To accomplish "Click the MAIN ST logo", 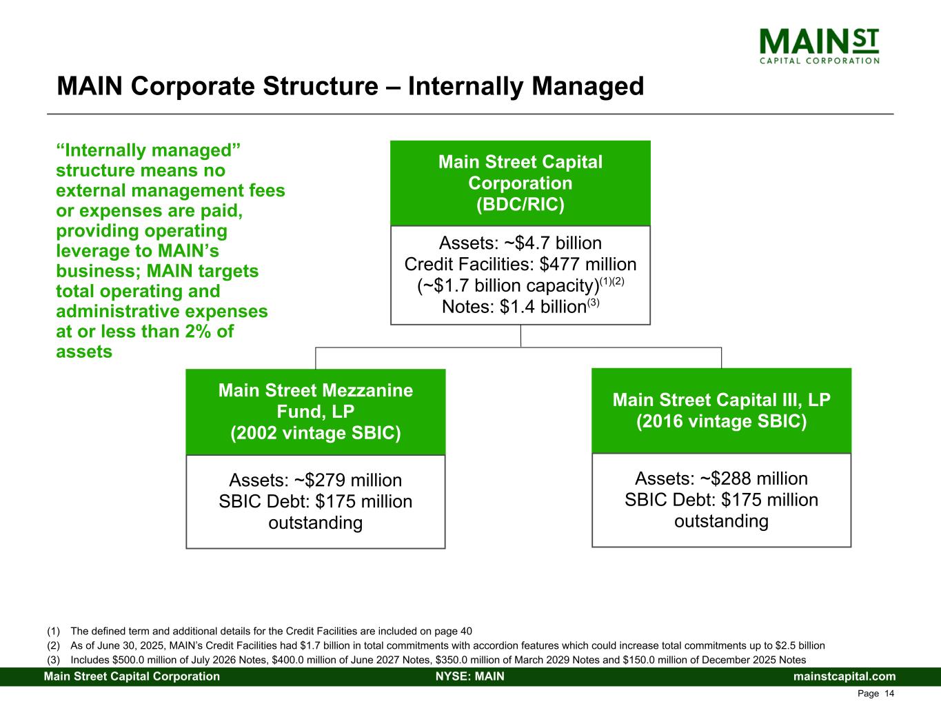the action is click(x=819, y=46).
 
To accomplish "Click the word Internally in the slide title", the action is click(x=465, y=87).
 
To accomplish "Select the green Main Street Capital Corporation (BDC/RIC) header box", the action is click(x=520, y=183).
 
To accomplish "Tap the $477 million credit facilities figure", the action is click(x=588, y=264).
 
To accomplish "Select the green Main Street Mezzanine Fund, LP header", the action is click(x=316, y=412).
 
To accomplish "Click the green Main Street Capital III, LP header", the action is click(x=722, y=410).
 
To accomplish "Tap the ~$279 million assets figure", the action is click(x=347, y=480).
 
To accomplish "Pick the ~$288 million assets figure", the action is click(x=753, y=478).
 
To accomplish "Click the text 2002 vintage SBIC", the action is click(x=316, y=433).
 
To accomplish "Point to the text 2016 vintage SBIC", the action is click(x=722, y=421).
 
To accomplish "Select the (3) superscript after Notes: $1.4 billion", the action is click(x=594, y=302).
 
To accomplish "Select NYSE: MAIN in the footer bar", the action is click(x=470, y=676).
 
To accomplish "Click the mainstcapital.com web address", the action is click(x=844, y=676).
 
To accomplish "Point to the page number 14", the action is click(x=889, y=694).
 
